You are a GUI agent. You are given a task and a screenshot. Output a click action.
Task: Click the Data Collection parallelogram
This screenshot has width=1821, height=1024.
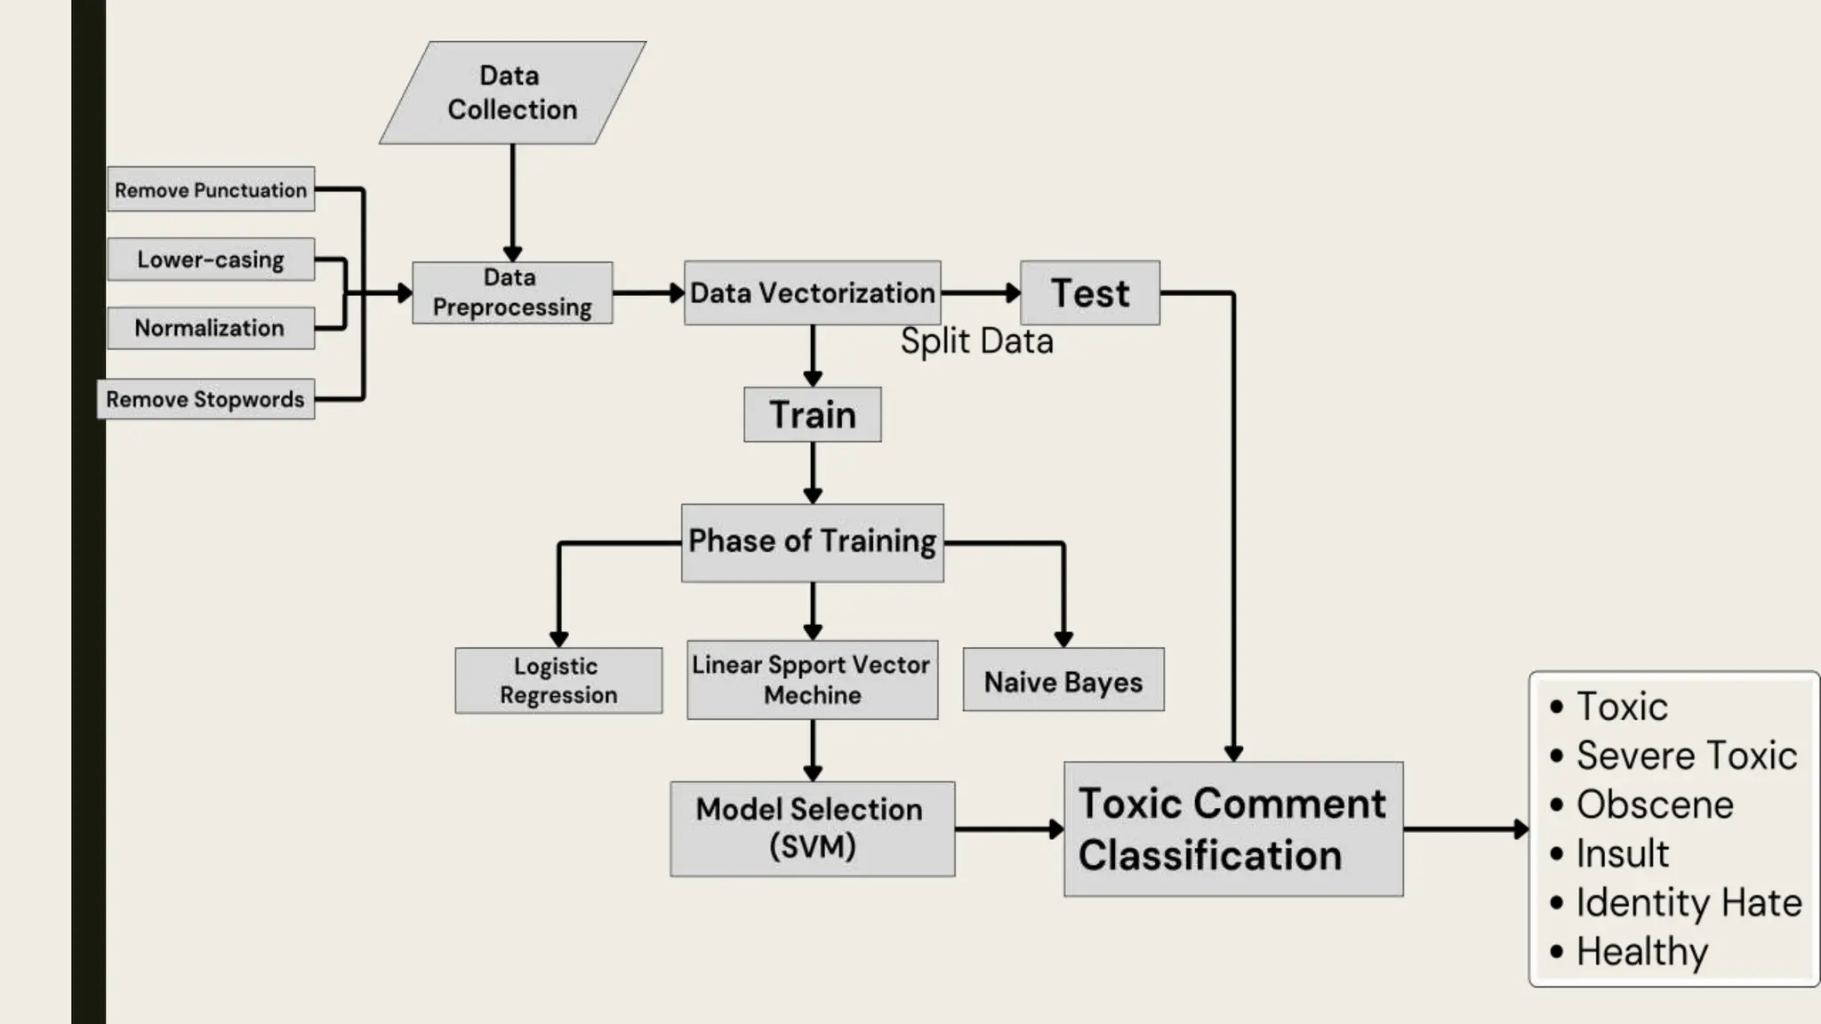[512, 92]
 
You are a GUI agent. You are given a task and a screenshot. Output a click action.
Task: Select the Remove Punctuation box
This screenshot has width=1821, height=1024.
[211, 189]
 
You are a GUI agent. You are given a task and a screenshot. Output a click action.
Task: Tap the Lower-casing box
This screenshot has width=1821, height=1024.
[211, 260]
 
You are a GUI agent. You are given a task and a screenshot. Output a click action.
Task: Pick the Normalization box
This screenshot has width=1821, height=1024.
[211, 328]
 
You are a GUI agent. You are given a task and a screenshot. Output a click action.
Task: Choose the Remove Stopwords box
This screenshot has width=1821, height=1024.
[205, 399]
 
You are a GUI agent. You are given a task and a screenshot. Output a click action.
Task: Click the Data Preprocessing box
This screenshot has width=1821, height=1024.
[512, 292]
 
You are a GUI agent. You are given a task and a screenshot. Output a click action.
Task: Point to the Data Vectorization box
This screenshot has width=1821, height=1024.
[812, 292]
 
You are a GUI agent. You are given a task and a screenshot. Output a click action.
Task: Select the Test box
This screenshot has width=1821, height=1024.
[1089, 292]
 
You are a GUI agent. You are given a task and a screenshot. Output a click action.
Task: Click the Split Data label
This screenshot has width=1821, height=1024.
[976, 341]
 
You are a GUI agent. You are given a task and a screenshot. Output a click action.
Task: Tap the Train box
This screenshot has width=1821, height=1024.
[812, 414]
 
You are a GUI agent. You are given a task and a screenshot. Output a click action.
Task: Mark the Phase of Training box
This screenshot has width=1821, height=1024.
[812, 542]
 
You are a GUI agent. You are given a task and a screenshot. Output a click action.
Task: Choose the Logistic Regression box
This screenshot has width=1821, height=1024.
[558, 680]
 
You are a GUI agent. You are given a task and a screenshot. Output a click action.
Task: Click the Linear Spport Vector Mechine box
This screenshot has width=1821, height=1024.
[812, 680]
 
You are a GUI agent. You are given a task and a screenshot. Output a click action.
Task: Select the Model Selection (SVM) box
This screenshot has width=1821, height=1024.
[812, 828]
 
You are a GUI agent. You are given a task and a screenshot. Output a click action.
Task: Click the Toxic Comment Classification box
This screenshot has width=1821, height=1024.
[1232, 828]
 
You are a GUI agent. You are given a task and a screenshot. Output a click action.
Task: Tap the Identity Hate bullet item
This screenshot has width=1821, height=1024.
[1688, 902]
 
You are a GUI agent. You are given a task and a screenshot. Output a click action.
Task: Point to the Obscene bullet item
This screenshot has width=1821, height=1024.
[1654, 804]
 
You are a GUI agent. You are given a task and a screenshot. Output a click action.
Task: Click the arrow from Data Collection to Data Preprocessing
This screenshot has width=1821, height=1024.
[512, 203]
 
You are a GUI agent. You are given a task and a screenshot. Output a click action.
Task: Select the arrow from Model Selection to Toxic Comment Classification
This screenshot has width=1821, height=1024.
[1008, 828]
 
